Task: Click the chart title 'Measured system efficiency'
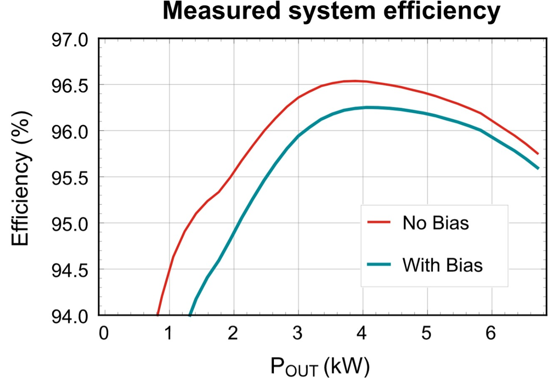click(x=332, y=13)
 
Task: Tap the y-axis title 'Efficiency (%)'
click(x=22, y=179)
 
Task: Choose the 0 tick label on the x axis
click(x=104, y=334)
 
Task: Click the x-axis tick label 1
click(x=168, y=334)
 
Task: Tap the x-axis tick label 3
click(x=298, y=334)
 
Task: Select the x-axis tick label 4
click(x=362, y=334)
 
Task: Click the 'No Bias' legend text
click(x=436, y=223)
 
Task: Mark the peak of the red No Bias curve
click(x=356, y=80)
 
